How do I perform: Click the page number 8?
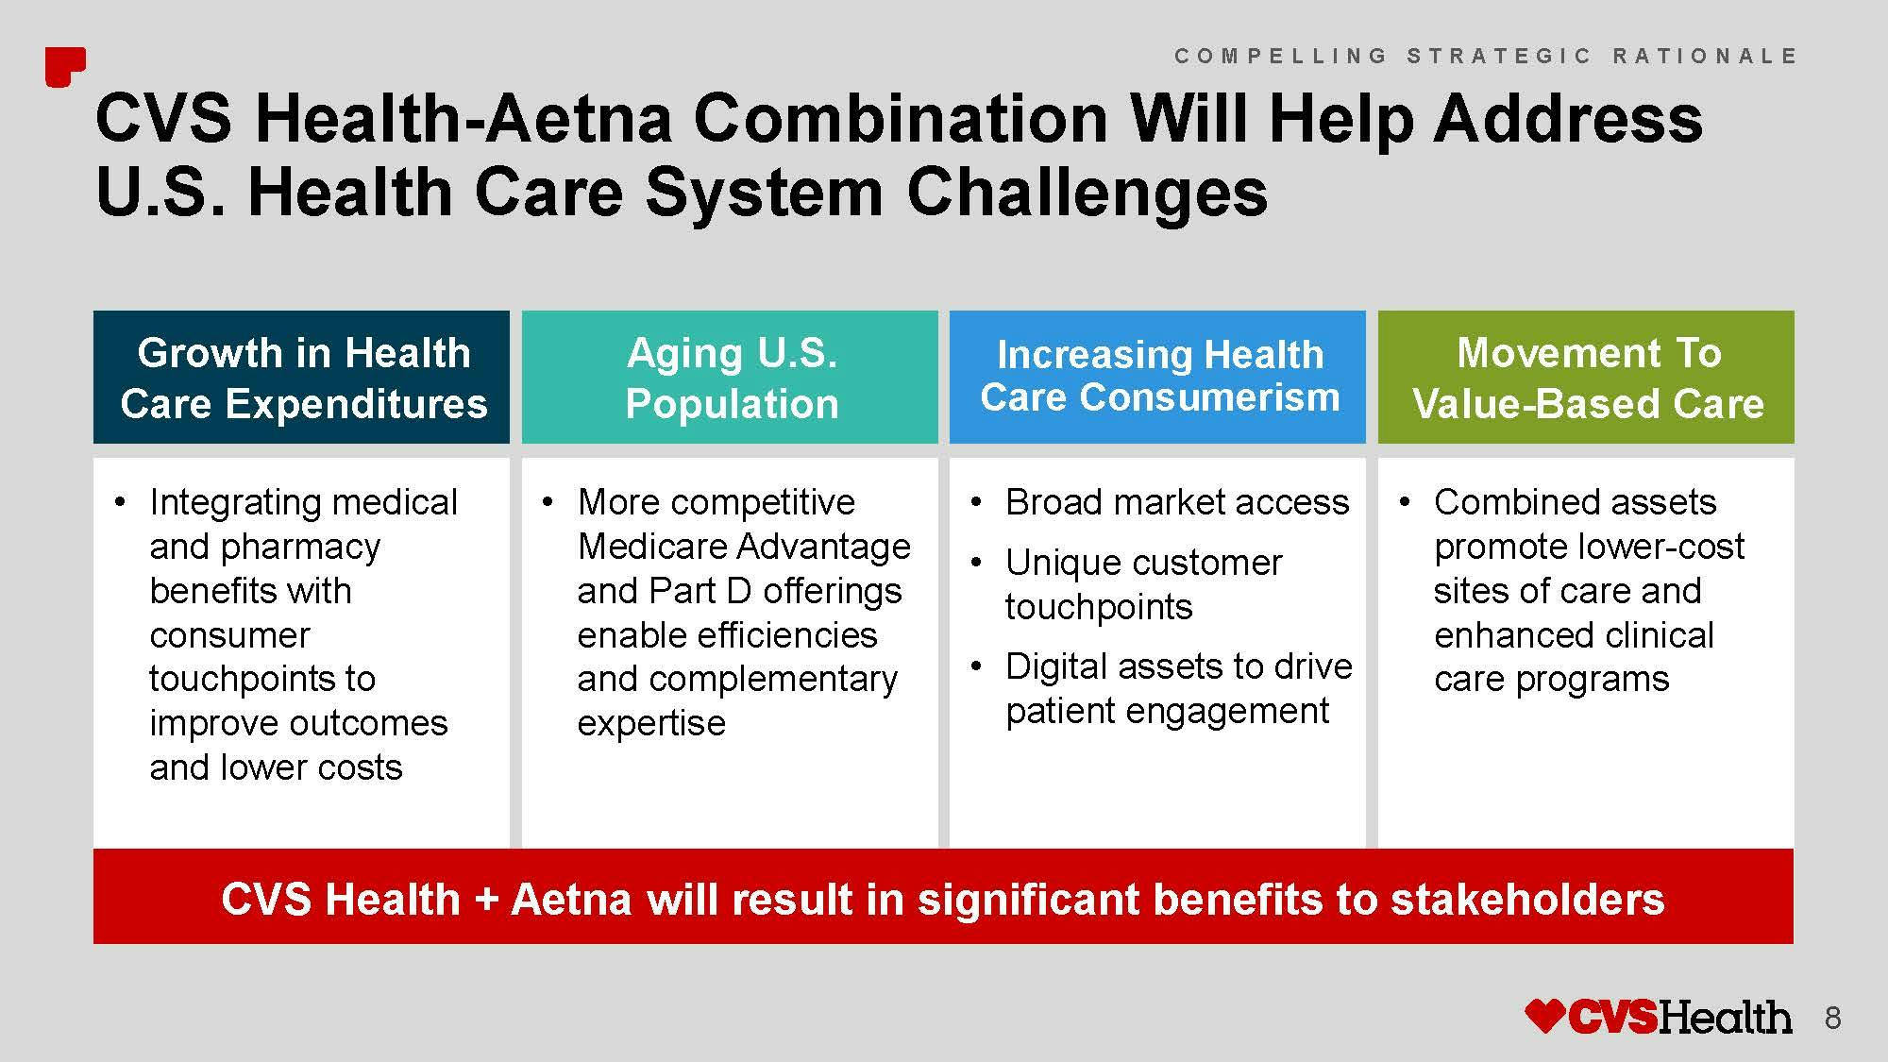tap(1833, 1018)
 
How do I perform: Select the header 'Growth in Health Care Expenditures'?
tap(302, 378)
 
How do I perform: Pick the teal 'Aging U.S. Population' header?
tap(731, 378)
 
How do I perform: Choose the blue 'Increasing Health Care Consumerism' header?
tap(1158, 378)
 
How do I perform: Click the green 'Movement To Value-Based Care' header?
tap(1587, 378)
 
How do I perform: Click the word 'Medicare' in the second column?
tap(651, 547)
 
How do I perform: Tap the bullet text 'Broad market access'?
tap(1177, 502)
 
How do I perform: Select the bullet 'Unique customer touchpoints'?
tap(1143, 584)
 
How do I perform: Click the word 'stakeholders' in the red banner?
tap(1528, 899)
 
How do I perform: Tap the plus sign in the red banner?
tap(486, 901)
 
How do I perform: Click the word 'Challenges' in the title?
tap(1087, 193)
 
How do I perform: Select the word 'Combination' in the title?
tap(901, 118)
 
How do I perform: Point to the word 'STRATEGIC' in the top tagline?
tap(1499, 56)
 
